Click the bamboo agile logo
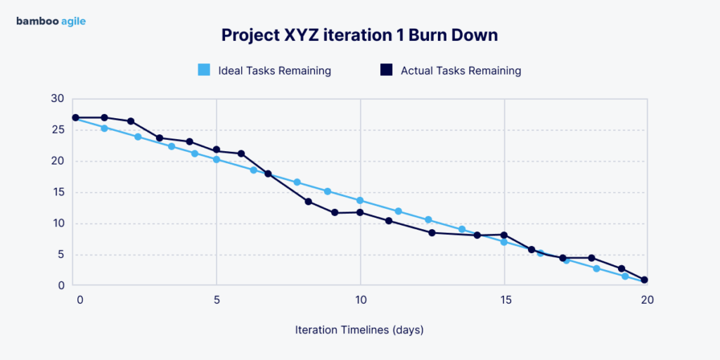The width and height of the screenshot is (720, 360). (51, 21)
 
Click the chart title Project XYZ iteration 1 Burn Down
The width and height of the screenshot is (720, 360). (359, 35)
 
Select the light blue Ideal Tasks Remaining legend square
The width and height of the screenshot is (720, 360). (204, 70)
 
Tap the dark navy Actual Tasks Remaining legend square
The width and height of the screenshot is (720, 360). (386, 70)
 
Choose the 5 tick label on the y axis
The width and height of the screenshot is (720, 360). (60, 255)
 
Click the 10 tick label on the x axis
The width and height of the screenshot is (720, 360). (360, 300)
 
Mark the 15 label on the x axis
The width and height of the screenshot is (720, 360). (504, 300)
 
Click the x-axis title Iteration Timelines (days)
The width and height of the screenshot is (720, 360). (359, 329)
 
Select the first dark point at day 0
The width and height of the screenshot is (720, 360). (75, 117)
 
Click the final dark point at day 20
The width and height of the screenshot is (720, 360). (644, 280)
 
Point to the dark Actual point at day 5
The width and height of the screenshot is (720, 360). (217, 150)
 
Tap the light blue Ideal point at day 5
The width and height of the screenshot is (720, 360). (217, 160)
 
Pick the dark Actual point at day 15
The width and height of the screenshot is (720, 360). (504, 235)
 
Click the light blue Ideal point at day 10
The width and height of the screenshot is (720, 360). (360, 200)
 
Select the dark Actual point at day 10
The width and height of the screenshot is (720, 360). (360, 212)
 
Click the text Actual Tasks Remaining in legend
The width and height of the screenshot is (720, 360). (461, 70)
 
